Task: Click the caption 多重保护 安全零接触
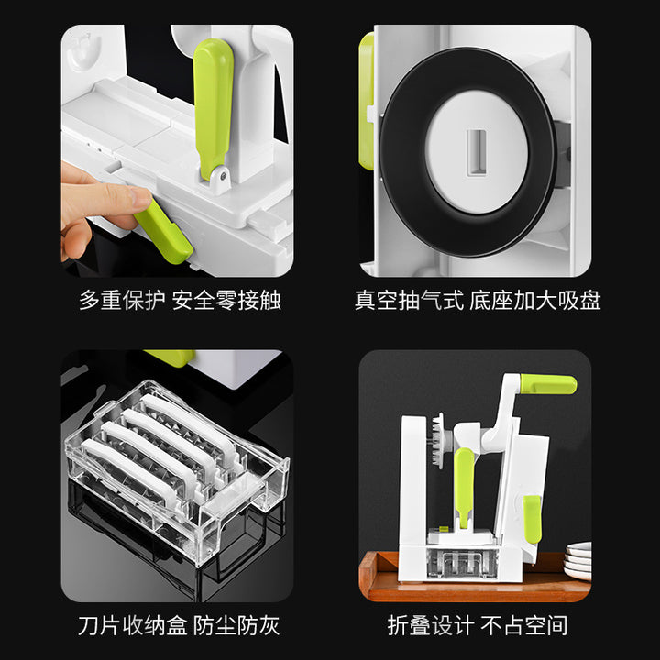(180, 301)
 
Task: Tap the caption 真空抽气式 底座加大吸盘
(478, 301)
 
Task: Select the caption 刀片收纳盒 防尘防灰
(179, 625)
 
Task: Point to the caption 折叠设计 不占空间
(478, 625)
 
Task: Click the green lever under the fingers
(164, 232)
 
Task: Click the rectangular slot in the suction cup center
(477, 152)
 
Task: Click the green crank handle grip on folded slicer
(548, 384)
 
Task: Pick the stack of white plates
(577, 561)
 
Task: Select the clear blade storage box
(177, 471)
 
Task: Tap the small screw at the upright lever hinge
(223, 174)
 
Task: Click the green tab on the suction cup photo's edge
(367, 101)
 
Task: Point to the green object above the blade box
(171, 357)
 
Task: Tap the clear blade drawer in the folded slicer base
(462, 562)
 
